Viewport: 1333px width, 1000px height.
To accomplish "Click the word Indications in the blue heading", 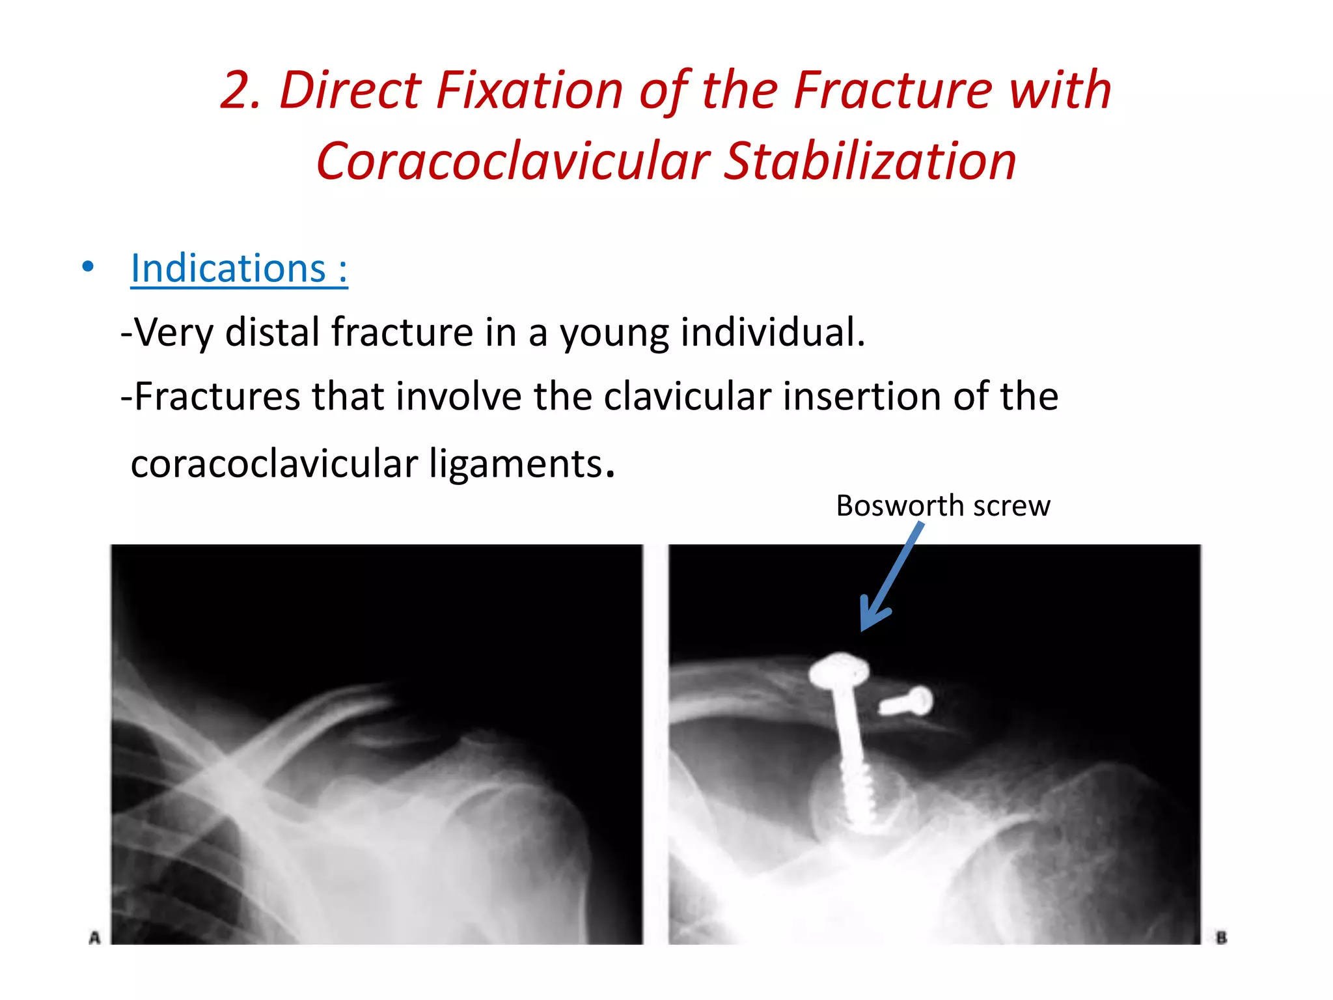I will click(228, 269).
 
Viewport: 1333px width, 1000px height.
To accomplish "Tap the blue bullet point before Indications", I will click(88, 267).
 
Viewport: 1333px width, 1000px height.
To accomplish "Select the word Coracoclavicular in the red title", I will click(513, 161).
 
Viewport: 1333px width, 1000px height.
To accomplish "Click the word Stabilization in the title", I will click(870, 161).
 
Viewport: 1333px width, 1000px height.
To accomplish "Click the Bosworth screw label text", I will click(942, 506).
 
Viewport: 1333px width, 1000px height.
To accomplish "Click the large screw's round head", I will click(840, 671).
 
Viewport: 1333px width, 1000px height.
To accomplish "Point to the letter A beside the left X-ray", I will click(95, 938).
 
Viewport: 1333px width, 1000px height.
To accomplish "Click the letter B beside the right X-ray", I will click(1221, 938).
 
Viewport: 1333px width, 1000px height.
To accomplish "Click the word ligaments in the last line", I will click(515, 464).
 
